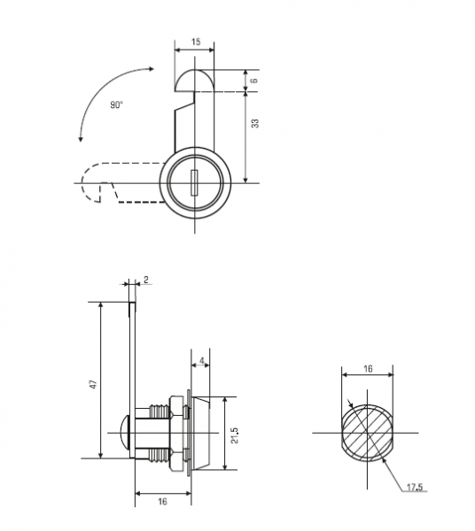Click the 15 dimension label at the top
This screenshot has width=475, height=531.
[x=196, y=42]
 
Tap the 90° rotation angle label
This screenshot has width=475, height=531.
[x=116, y=105]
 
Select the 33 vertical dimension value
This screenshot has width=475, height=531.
[x=255, y=123]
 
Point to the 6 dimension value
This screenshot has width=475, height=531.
[x=255, y=81]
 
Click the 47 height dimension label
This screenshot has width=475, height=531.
[x=93, y=384]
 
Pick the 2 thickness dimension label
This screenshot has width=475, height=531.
[x=146, y=280]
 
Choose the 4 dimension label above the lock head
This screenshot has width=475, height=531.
[x=202, y=361]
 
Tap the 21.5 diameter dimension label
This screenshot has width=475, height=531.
[x=235, y=435]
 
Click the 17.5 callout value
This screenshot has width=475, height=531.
[x=415, y=488]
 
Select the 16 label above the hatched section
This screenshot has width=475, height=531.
[x=368, y=368]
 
